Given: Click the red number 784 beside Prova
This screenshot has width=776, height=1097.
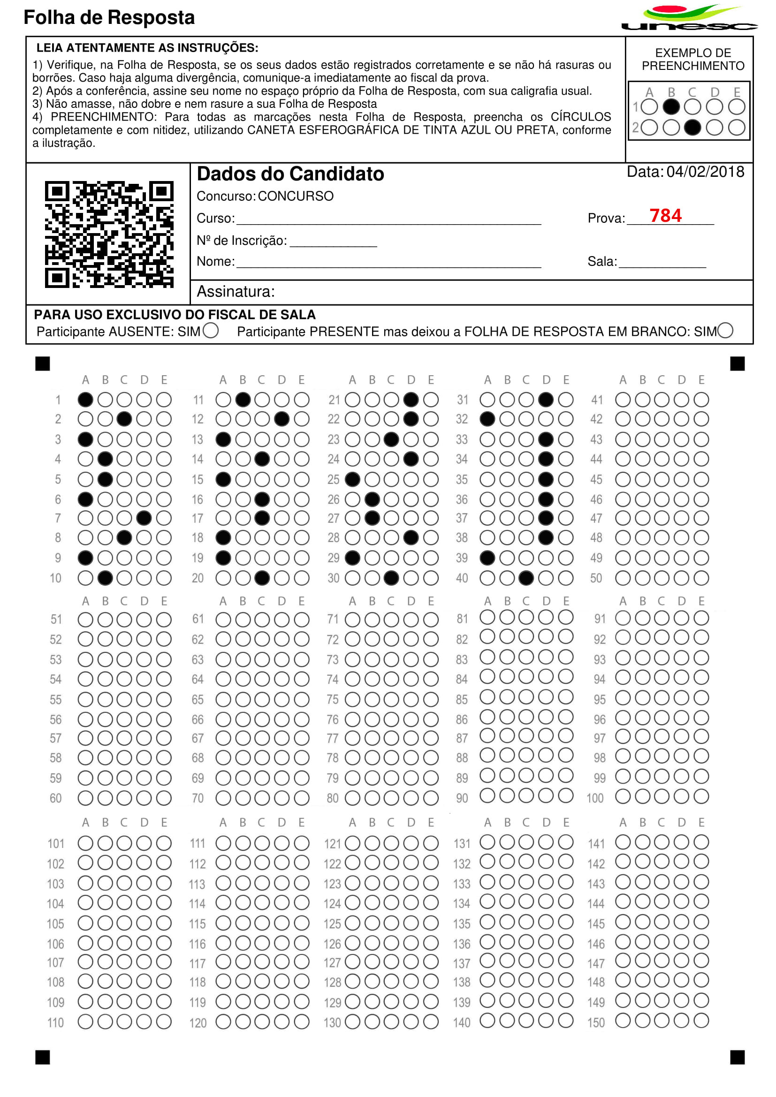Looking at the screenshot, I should (x=665, y=215).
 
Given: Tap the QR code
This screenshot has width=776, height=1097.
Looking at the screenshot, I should (x=109, y=234).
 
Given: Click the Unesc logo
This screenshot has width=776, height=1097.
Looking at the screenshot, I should (x=689, y=18).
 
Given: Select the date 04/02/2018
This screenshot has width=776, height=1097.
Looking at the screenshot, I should (x=705, y=172).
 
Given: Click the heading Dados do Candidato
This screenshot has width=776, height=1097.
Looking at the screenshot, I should (x=290, y=174).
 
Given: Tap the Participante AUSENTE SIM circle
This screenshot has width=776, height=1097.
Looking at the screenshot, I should (x=211, y=331).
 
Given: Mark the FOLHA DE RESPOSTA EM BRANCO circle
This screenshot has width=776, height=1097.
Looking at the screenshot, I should (x=725, y=331).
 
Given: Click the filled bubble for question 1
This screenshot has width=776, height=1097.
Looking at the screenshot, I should (x=85, y=400).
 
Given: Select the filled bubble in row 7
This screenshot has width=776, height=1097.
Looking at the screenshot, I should (x=144, y=518).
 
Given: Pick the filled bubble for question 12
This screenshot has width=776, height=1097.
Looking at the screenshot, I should (x=282, y=419).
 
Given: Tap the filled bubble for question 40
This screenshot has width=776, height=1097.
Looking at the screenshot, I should (x=526, y=578).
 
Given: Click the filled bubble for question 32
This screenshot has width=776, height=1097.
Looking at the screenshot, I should (x=487, y=419).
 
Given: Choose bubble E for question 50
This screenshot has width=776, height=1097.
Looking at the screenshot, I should (x=701, y=578).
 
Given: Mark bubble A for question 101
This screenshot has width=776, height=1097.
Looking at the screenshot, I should (x=85, y=843).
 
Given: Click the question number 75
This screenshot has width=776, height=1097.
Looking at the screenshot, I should (x=333, y=699).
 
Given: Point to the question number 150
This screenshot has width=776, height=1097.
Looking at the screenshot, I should (x=596, y=1023).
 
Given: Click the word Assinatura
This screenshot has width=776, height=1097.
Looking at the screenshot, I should (x=236, y=291).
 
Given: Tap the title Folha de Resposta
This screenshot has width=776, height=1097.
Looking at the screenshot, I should (x=109, y=18).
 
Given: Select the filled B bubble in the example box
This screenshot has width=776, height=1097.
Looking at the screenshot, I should (x=671, y=107).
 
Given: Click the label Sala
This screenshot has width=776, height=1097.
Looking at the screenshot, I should (x=601, y=262).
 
